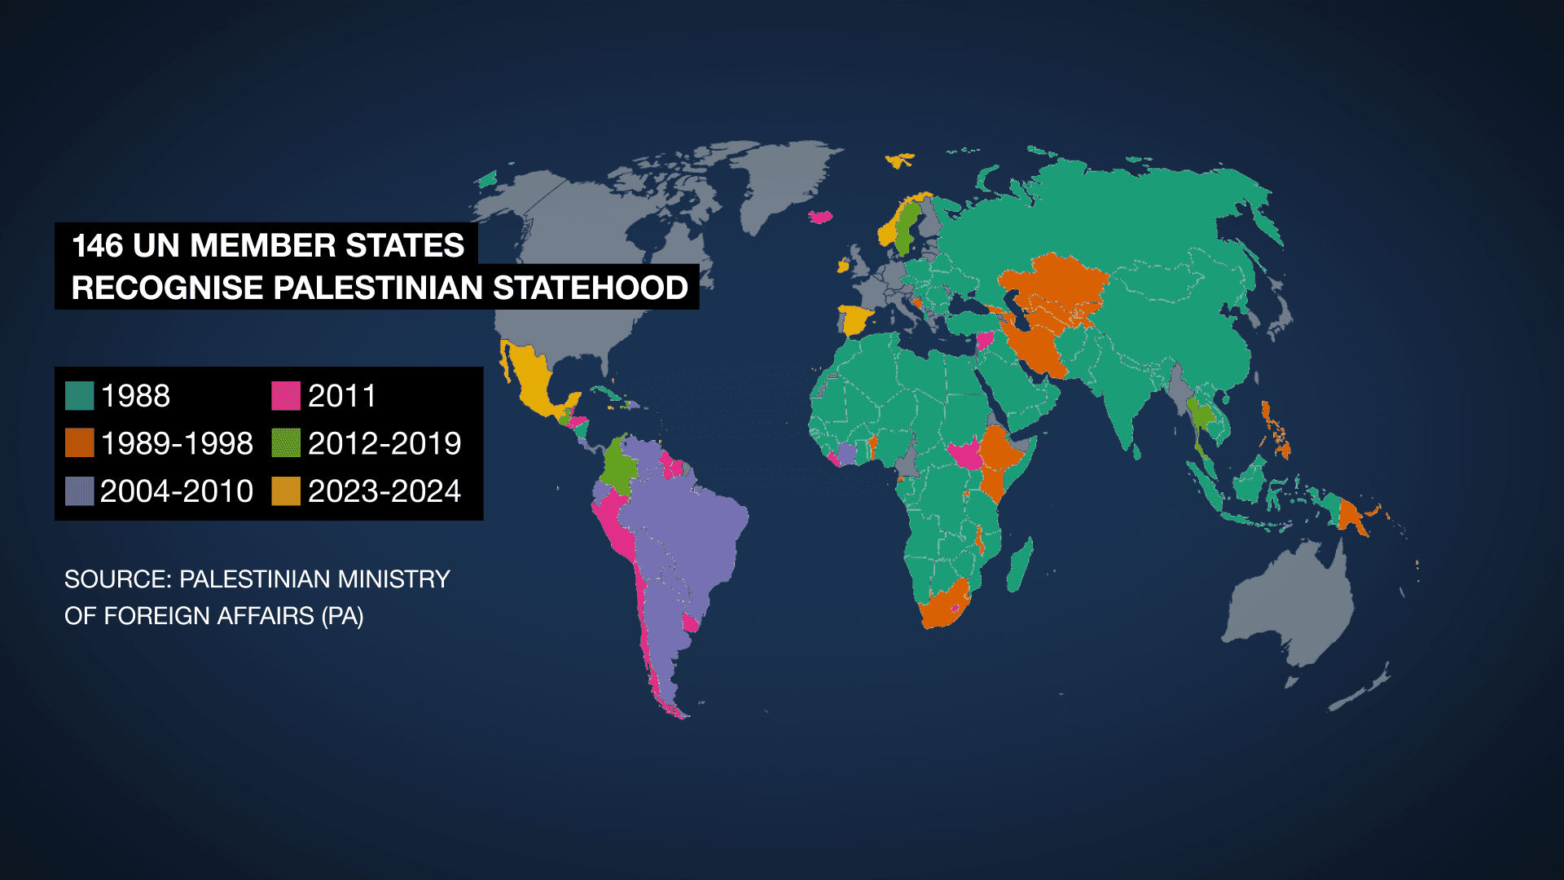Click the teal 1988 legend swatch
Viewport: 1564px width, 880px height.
79,396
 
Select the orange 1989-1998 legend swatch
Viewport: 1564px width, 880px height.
79,443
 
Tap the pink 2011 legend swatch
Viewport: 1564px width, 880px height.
285,396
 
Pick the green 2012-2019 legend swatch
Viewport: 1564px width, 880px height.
285,443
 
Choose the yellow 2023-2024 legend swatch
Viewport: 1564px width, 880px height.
285,491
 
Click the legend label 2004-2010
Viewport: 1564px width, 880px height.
176,491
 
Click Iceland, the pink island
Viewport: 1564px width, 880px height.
821,217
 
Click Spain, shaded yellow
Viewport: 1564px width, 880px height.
855,319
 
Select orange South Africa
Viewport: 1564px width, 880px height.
945,608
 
